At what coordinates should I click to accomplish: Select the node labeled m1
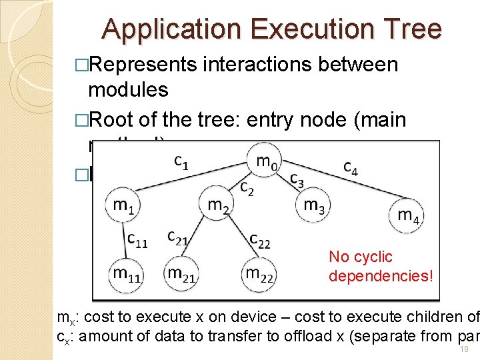click(x=122, y=207)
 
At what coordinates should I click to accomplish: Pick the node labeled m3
click(x=313, y=206)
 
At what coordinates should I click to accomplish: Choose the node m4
click(x=408, y=215)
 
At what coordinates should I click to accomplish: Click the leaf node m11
click(x=126, y=273)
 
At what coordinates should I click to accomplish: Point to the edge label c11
click(x=138, y=238)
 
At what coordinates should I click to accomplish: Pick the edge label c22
click(x=259, y=239)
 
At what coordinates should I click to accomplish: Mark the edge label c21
click(x=177, y=237)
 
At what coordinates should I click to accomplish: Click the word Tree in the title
click(x=413, y=29)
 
